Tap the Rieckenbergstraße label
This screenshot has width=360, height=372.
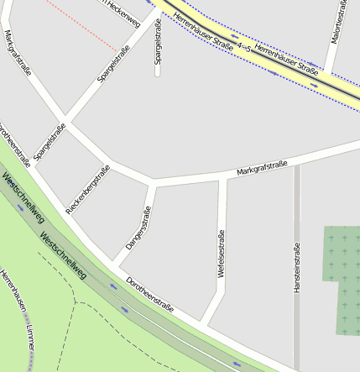[88, 190]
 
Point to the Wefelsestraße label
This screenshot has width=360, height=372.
[222, 254]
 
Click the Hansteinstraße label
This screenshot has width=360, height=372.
[297, 268]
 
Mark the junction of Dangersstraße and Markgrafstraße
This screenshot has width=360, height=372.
[152, 182]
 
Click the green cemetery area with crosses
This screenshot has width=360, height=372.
[340, 277]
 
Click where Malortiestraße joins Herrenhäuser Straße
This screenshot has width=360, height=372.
[330, 71]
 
